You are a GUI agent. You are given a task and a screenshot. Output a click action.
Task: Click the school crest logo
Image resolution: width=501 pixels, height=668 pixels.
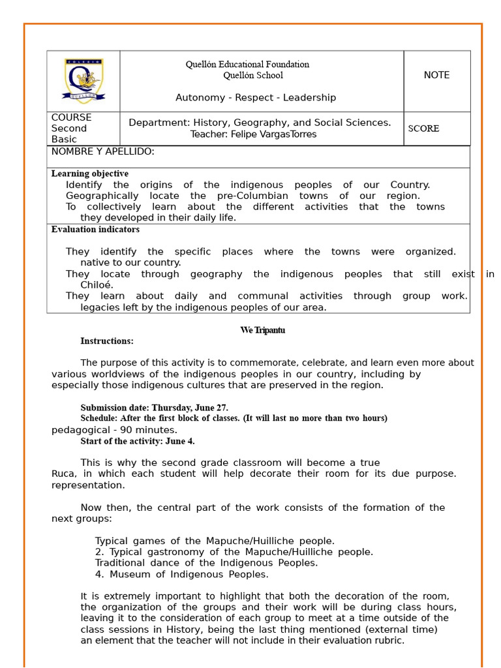pyautogui.click(x=83, y=80)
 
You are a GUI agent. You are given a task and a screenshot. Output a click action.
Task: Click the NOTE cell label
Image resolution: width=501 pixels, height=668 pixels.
pyautogui.click(x=436, y=75)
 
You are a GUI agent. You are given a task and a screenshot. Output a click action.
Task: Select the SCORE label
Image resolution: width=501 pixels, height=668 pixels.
pyautogui.click(x=423, y=129)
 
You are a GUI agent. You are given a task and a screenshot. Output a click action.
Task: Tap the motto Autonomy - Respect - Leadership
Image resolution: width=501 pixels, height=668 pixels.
pyautogui.click(x=256, y=98)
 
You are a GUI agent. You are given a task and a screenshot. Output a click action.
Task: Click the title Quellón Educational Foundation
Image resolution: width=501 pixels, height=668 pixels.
pyautogui.click(x=247, y=65)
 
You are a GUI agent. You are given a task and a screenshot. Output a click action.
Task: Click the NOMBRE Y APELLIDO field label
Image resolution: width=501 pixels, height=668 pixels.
pyautogui.click(x=103, y=152)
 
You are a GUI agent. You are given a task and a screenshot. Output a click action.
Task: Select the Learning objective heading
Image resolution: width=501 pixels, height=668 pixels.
pyautogui.click(x=90, y=174)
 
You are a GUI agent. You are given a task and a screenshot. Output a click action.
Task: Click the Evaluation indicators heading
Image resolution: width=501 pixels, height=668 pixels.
pyautogui.click(x=95, y=230)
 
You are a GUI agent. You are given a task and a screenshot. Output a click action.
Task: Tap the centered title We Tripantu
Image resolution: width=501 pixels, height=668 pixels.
pyautogui.click(x=262, y=330)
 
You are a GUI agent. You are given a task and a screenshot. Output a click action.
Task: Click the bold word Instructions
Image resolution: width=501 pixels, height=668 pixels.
pyautogui.click(x=107, y=341)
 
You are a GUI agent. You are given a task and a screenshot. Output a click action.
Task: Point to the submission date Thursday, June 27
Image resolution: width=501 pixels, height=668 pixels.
pyautogui.click(x=190, y=408)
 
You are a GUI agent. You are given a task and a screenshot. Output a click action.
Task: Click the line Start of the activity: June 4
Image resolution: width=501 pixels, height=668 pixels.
pyautogui.click(x=138, y=441)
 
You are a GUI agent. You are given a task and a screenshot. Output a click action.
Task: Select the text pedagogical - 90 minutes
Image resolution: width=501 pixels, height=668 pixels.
pyautogui.click(x=114, y=430)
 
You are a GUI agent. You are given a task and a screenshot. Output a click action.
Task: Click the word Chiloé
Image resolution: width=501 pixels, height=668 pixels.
pyautogui.click(x=97, y=285)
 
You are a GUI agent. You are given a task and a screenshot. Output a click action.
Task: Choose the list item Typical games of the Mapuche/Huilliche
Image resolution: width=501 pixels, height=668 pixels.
pyautogui.click(x=215, y=541)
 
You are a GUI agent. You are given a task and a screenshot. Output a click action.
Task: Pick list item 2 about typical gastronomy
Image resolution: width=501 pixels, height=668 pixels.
pyautogui.click(x=234, y=552)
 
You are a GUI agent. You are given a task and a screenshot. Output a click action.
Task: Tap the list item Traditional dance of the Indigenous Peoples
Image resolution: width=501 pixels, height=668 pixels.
pyautogui.click(x=206, y=563)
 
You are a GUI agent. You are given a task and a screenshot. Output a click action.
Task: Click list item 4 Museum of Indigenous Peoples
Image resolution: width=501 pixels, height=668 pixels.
pyautogui.click(x=181, y=575)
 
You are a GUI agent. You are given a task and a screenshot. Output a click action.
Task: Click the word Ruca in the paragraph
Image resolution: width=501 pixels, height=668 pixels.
pyautogui.click(x=63, y=474)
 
